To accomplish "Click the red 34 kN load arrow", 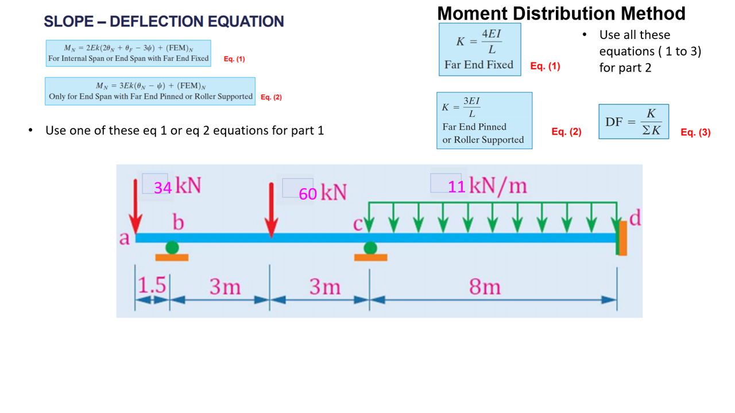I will coord(136,206).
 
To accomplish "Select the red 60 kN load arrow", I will coord(272,209).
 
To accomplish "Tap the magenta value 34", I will coord(163,188).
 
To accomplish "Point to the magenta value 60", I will coord(308,194).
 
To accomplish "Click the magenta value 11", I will coord(457,186).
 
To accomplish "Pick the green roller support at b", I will coord(172,248).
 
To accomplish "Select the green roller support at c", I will coord(370,248).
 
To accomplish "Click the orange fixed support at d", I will coord(622,238).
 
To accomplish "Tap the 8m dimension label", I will coord(485,286).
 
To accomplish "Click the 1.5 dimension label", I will coord(152,285).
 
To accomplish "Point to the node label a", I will coord(124,237).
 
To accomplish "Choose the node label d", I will coord(635,218).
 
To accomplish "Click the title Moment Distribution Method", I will coord(561,13).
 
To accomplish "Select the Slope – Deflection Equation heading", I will coord(164,21).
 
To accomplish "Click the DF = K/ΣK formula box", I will coord(633,122).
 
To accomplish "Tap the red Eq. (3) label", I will coord(695,132).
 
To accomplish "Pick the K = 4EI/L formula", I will coord(479,41).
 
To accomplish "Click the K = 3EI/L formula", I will coord(462,107).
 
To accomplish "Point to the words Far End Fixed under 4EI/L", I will coord(479,65).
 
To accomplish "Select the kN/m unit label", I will coord(498,186).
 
